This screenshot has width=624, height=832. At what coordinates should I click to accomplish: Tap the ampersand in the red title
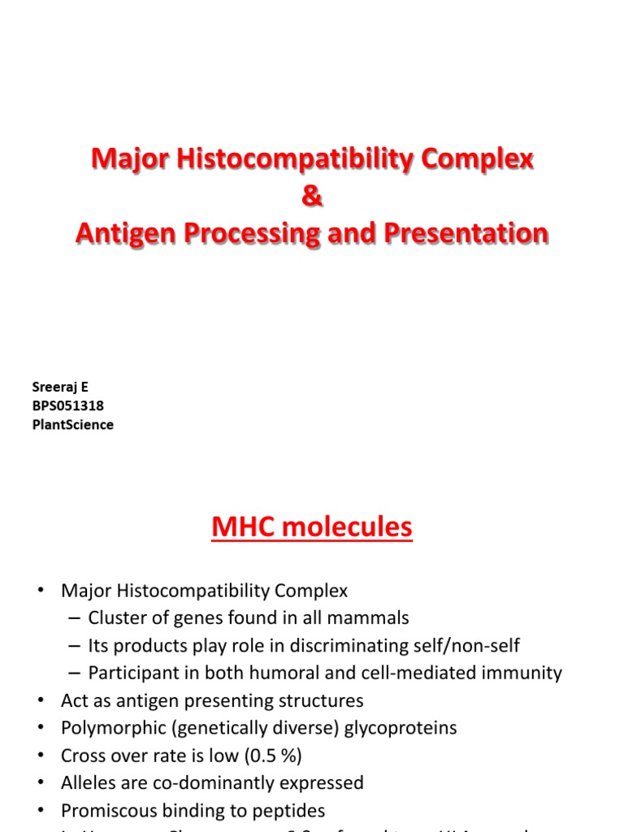coord(312,197)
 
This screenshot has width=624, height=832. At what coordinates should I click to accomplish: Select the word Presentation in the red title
coord(466,233)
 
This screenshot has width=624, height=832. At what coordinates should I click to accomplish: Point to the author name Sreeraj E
coord(60,388)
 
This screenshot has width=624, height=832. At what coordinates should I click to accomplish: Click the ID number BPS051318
coord(67,406)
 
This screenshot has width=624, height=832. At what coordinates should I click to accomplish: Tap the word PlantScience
coord(72,425)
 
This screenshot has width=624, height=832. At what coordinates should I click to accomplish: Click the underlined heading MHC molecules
coord(312,528)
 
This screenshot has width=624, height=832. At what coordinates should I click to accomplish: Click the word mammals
coord(370,618)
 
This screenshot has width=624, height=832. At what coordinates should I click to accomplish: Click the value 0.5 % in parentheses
coord(271,756)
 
